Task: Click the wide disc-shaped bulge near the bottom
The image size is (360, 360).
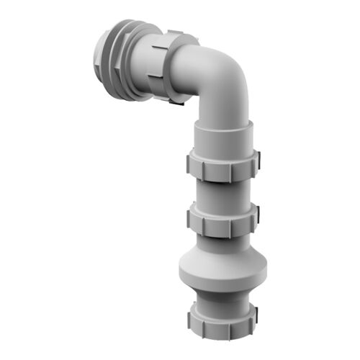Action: [x=222, y=269]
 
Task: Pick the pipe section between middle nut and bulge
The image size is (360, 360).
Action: [x=222, y=241]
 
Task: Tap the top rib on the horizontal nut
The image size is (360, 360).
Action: [x=173, y=37]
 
